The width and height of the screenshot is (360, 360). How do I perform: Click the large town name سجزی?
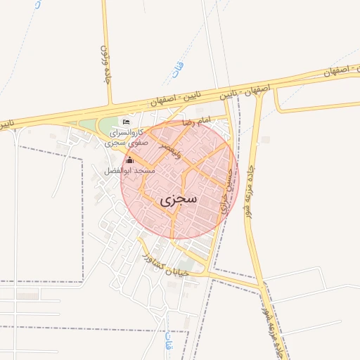[x=179, y=200]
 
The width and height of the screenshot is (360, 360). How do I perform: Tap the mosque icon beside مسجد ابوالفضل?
[x=129, y=161]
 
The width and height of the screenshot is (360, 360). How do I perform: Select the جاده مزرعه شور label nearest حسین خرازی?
[x=250, y=191]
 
